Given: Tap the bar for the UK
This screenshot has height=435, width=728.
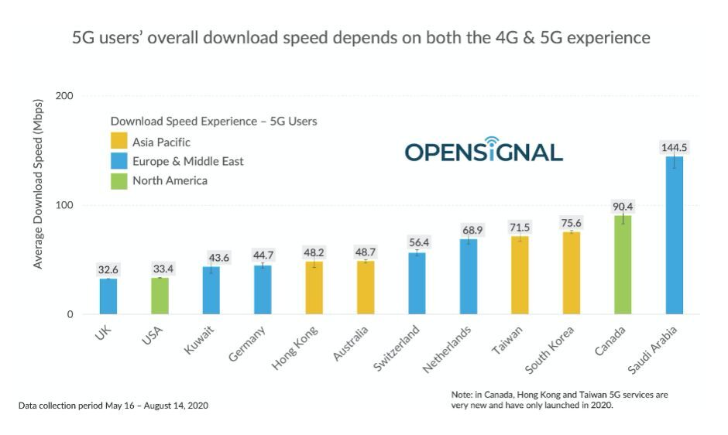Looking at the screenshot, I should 108,296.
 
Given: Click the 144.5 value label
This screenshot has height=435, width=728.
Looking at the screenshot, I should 675,147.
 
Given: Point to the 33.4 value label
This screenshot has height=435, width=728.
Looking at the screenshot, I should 160,269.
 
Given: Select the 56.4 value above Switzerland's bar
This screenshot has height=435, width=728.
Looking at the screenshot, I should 417,241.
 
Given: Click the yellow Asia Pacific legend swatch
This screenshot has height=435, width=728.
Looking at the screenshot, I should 118,142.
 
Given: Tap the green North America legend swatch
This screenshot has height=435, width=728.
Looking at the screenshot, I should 118,180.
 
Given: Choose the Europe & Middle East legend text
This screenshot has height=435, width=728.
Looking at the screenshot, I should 187,161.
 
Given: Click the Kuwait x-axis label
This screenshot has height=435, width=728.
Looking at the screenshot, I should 201,341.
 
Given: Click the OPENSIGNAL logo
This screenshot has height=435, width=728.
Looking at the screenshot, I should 483,150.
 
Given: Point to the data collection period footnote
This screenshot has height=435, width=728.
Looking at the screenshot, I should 113,406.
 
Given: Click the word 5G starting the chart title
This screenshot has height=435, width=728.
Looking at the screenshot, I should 83,37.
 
